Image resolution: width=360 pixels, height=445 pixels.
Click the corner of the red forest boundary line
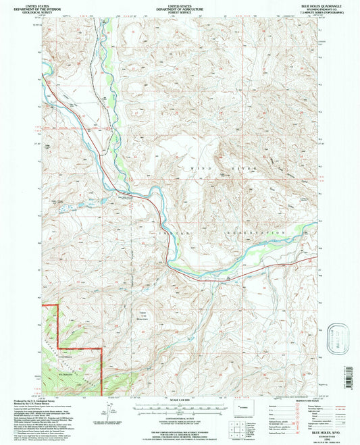click(101, 349)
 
